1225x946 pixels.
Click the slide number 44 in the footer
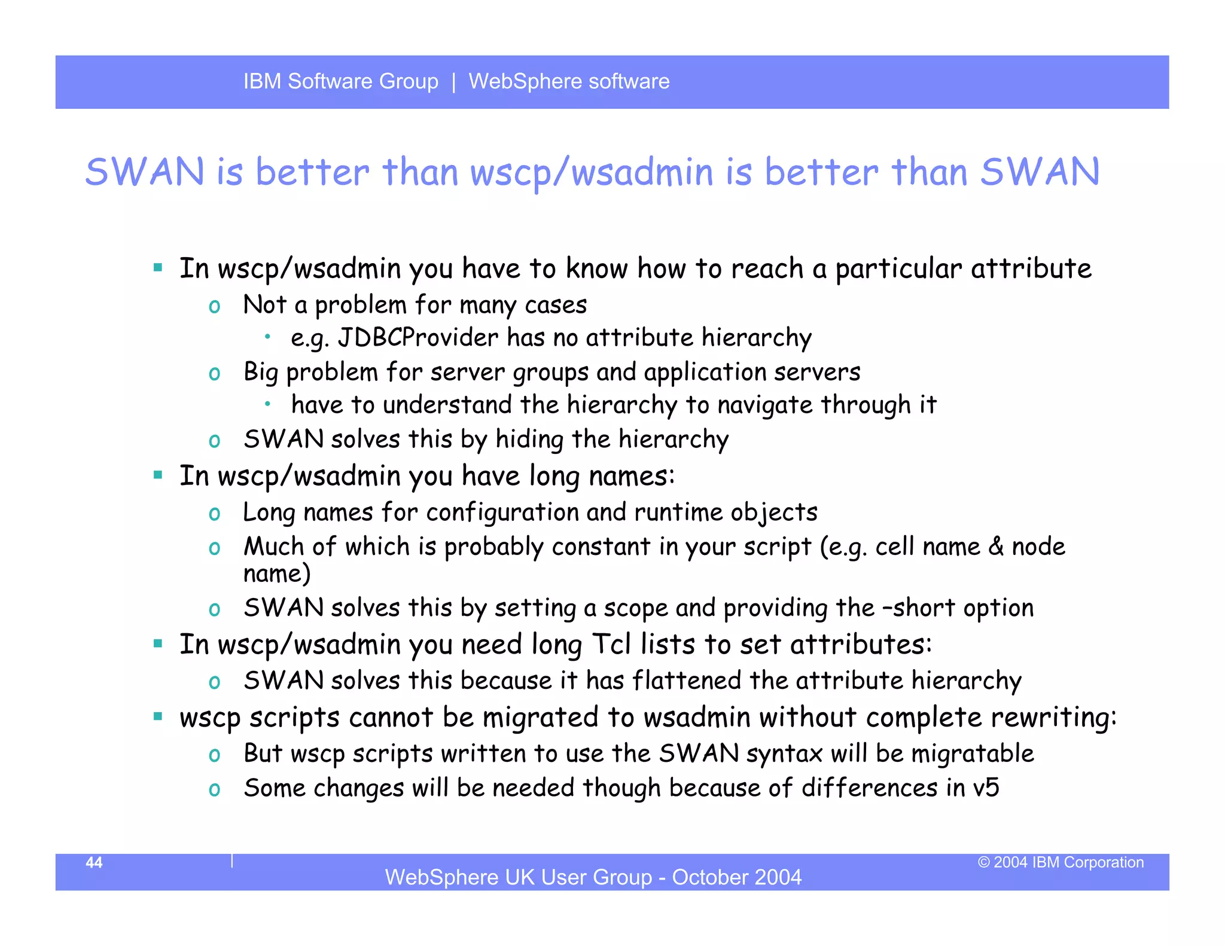(x=94, y=862)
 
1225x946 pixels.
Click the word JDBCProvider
(x=418, y=338)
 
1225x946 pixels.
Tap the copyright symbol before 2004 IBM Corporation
(x=984, y=862)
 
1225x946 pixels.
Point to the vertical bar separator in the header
(x=454, y=81)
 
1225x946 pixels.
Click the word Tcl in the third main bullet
(x=611, y=645)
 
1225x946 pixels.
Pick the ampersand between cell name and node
(x=996, y=547)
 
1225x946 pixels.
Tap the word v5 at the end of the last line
(x=986, y=788)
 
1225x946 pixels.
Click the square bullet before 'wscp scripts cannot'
(x=158, y=716)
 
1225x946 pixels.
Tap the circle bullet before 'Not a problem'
(x=214, y=307)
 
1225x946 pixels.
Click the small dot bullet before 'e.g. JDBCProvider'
(x=269, y=337)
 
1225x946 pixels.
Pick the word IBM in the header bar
(x=262, y=81)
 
